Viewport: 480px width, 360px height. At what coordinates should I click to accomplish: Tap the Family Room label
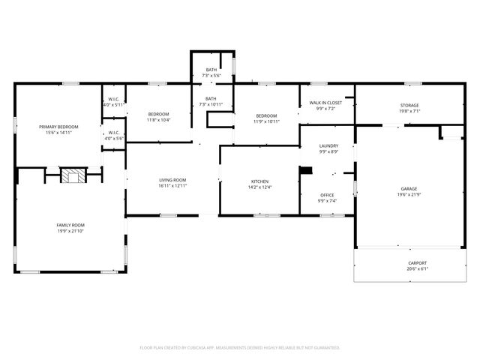(x=70, y=225)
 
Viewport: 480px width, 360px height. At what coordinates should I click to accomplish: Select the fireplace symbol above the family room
(x=73, y=176)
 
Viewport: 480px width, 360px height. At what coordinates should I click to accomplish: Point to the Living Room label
(x=172, y=180)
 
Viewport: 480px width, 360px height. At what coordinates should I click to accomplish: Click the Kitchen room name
(x=259, y=181)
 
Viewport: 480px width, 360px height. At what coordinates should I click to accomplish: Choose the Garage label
(x=409, y=189)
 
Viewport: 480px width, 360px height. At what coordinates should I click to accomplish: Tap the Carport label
(x=418, y=262)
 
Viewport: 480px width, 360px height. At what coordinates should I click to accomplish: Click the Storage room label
(x=409, y=105)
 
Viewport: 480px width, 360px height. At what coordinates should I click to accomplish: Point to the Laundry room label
(x=328, y=146)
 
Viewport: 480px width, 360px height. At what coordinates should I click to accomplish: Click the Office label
(x=328, y=195)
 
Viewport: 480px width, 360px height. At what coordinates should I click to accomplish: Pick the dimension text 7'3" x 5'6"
(x=211, y=76)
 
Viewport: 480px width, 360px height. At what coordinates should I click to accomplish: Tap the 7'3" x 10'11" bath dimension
(x=211, y=105)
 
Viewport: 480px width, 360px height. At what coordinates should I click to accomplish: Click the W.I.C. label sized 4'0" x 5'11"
(x=114, y=105)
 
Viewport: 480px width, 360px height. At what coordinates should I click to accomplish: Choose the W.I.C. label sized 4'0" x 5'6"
(x=114, y=138)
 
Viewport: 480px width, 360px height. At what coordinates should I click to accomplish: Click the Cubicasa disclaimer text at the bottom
(x=240, y=347)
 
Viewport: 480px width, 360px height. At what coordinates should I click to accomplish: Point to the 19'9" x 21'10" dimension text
(x=70, y=231)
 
